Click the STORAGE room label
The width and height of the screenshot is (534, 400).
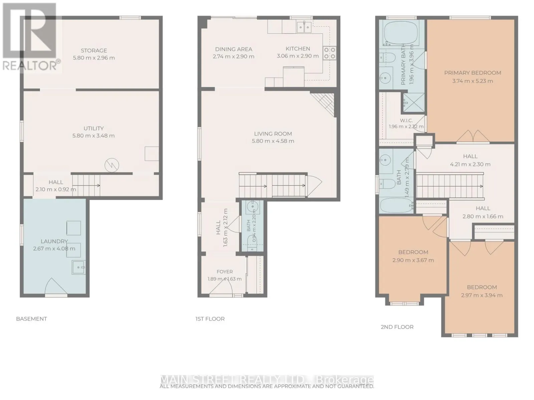pos(94,51)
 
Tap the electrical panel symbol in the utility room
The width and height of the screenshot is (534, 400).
pos(112,165)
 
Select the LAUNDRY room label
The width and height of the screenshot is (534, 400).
pos(54,241)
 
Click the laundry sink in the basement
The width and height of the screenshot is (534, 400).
pos(78,267)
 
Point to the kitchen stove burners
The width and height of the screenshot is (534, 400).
pos(330,53)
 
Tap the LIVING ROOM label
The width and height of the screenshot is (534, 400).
pos(273,134)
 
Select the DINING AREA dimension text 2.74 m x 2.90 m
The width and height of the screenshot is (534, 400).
pos(233,57)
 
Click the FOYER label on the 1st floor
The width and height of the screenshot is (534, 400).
pos(225,272)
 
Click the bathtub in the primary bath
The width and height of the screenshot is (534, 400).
pos(401,33)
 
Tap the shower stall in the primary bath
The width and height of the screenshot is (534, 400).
pos(414,103)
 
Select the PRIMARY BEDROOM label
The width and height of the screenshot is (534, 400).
pos(473,73)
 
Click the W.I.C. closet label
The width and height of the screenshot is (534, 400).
pos(406,120)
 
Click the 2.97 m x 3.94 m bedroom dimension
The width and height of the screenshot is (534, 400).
pos(482,295)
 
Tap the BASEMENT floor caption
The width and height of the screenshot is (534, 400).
pos(31,319)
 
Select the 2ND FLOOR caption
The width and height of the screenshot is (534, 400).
pos(397,327)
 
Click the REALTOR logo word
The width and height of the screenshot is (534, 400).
pos(30,66)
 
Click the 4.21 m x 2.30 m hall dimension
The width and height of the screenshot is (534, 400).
pos(470,164)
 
